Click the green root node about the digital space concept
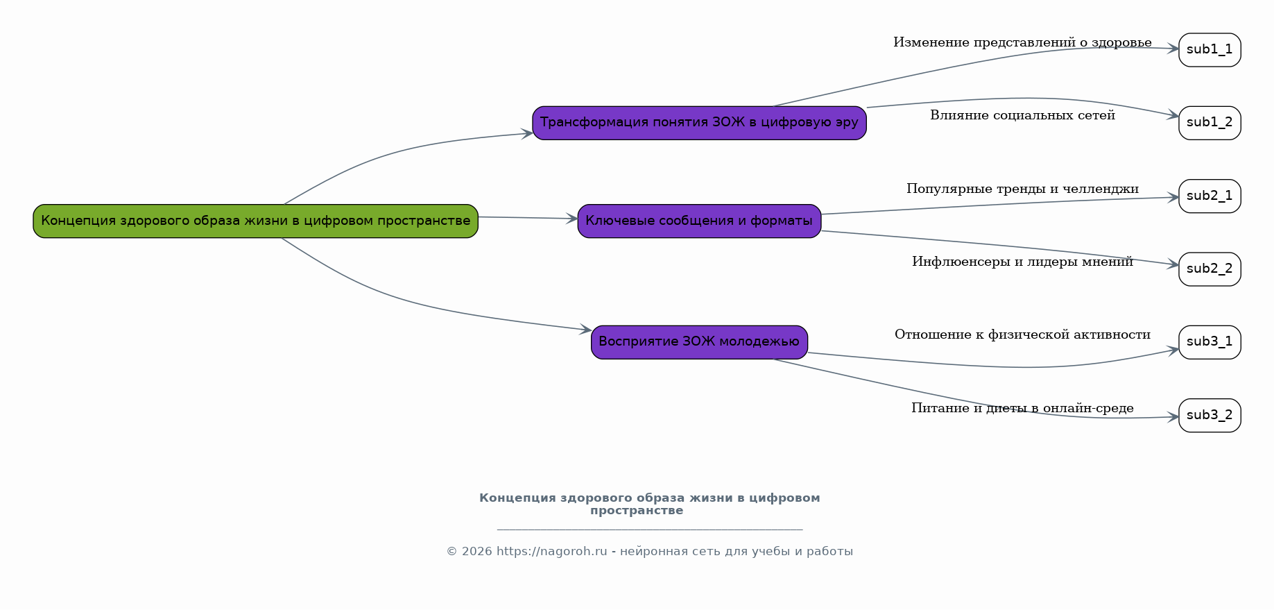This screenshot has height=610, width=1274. [255, 221]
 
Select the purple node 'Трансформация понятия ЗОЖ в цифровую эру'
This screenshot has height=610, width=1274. [699, 123]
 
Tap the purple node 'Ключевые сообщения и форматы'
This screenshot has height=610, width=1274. [699, 221]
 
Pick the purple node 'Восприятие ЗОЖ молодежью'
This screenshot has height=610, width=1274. [699, 342]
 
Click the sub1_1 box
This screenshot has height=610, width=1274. [1210, 50]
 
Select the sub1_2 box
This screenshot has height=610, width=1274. [1210, 123]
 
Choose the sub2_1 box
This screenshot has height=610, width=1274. [1210, 196]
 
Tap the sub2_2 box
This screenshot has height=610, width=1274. [1210, 269]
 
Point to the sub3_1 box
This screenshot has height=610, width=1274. [1210, 342]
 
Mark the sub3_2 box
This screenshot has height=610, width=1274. [1210, 416]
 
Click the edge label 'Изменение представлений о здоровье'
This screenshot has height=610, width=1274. [1022, 43]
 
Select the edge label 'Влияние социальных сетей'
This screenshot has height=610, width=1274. [1022, 115]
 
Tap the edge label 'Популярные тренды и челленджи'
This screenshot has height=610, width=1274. [1022, 189]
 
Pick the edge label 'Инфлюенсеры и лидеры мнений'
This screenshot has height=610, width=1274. [1022, 262]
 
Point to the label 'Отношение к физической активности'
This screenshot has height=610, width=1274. [1022, 334]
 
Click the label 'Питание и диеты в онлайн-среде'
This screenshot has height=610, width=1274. [1022, 408]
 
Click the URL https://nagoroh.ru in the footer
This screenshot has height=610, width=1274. [551, 552]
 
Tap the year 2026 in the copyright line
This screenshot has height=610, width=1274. [476, 552]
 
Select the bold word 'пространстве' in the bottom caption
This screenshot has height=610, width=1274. [637, 511]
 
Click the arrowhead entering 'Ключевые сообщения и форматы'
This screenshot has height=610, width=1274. [572, 219]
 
